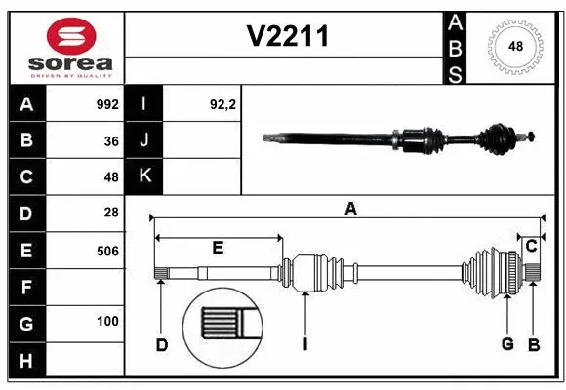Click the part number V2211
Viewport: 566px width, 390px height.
click(288, 37)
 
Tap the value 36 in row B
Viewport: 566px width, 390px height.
click(110, 141)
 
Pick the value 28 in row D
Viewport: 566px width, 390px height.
click(110, 212)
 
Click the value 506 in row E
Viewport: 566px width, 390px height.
click(107, 251)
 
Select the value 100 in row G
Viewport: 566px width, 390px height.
click(107, 321)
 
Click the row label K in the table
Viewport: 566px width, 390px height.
click(144, 176)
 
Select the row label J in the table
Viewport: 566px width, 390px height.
click(144, 140)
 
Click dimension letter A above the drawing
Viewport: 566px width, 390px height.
click(350, 208)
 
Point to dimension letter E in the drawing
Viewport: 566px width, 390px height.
click(218, 248)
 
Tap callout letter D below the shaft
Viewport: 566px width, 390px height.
click(162, 344)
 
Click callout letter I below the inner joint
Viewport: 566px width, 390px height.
click(305, 344)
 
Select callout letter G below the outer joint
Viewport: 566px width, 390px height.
click(507, 344)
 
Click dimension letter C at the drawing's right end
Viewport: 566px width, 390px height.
click(531, 246)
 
